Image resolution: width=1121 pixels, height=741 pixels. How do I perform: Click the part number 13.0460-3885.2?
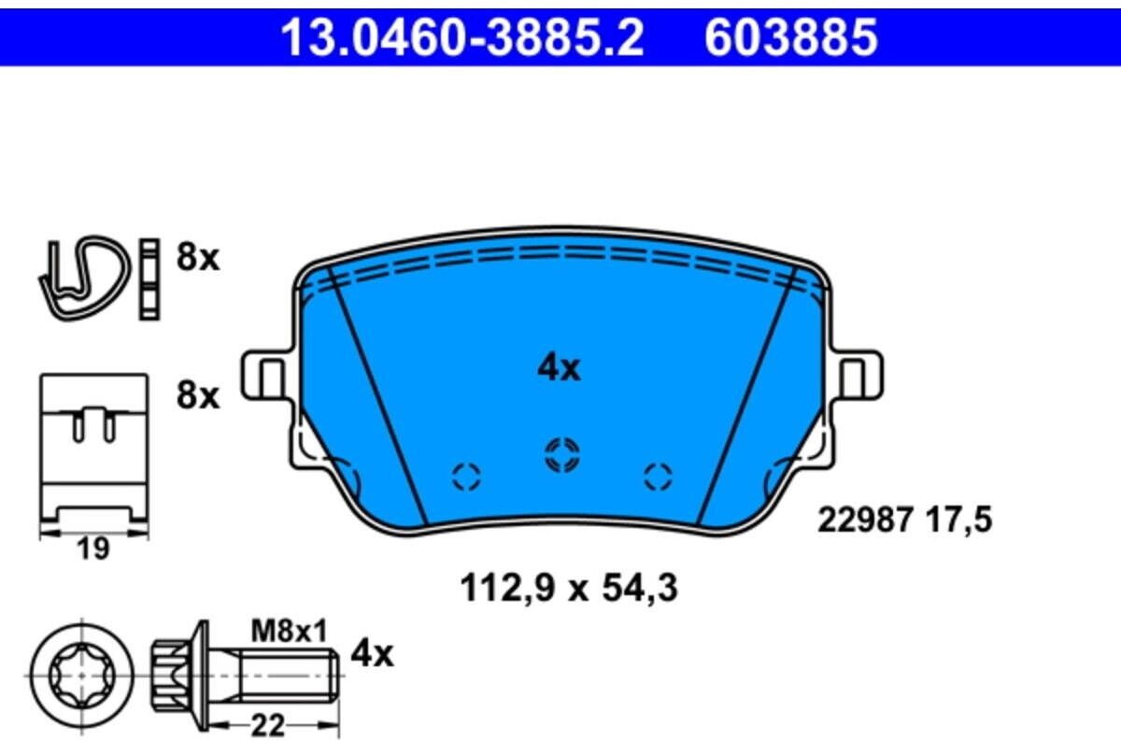(x=463, y=38)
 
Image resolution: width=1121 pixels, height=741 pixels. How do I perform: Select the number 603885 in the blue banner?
(x=790, y=38)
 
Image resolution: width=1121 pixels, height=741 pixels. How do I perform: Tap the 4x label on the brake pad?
(x=559, y=369)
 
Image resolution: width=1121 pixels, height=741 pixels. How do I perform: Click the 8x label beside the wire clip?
(x=197, y=257)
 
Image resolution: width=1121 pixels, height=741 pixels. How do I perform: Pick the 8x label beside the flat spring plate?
(x=197, y=396)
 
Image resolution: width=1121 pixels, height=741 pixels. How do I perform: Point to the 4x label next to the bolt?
(x=372, y=654)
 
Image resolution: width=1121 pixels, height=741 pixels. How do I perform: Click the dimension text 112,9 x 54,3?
(x=567, y=589)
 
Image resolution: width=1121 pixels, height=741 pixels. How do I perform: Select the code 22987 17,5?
(x=904, y=520)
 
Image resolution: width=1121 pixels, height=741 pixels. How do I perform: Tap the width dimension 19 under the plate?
(x=92, y=549)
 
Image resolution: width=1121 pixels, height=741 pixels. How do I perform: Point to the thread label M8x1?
(x=289, y=632)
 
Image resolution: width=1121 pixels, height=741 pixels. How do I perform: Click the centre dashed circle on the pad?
(x=562, y=455)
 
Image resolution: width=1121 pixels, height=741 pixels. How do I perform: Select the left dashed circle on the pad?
(x=466, y=477)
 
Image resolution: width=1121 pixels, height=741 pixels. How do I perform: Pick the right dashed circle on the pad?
(x=658, y=477)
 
